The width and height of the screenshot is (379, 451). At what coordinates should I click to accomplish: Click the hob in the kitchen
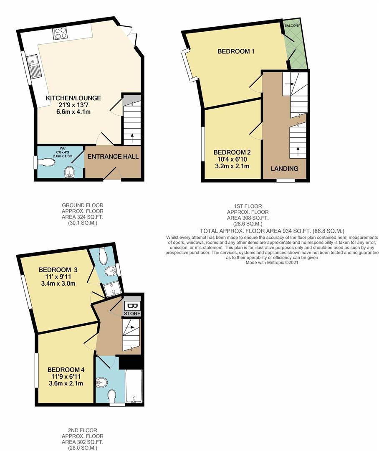(60, 33)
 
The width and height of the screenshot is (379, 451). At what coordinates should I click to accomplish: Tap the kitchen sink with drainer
(33, 67)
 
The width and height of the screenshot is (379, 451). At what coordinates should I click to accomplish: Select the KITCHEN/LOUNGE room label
(73, 98)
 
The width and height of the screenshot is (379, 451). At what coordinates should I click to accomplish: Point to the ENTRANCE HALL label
(112, 157)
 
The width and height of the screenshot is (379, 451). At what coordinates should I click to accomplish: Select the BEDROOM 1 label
(236, 51)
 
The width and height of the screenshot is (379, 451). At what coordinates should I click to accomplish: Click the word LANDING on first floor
(284, 169)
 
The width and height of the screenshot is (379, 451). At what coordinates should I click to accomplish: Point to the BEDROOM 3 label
(56, 269)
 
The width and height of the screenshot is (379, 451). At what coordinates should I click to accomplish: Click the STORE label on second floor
(132, 313)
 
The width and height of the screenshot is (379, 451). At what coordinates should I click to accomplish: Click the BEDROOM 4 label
(66, 370)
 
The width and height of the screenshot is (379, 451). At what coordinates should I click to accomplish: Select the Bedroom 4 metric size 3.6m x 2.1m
(66, 384)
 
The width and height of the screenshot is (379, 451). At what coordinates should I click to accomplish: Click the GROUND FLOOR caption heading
(82, 205)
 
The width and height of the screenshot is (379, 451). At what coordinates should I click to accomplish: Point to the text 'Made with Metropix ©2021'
(273, 263)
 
